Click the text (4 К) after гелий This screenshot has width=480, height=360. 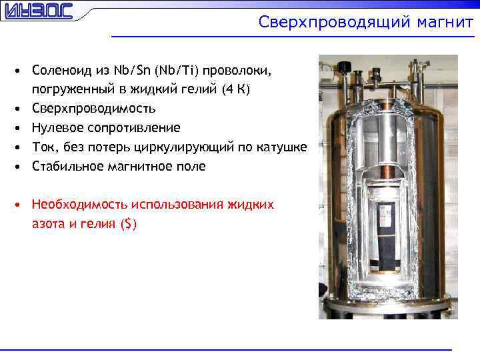pyautogui.click(x=237, y=89)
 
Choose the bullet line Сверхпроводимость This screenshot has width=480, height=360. pyautogui.click(x=94, y=109)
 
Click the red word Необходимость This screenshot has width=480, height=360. pyautogui.click(x=79, y=205)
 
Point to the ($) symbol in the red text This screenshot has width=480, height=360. pyautogui.click(x=129, y=224)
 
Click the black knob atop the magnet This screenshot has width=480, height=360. pyautogui.click(x=345, y=67)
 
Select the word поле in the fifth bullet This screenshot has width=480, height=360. pyautogui.click(x=193, y=166)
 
